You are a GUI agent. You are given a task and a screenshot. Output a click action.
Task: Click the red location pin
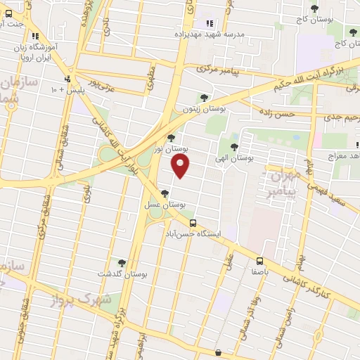click(x=181, y=166)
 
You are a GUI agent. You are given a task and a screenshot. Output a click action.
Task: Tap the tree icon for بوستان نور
click(x=171, y=138)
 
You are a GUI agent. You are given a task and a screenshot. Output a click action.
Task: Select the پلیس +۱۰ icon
click(x=68, y=79)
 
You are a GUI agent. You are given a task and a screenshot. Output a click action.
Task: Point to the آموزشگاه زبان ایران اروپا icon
click(x=36, y=35)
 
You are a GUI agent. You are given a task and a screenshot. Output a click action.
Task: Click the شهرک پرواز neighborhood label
click(x=81, y=300)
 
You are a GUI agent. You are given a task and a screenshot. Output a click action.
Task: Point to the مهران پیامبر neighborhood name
click(x=285, y=181)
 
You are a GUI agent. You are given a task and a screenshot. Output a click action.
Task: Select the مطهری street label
click(x=150, y=79)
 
